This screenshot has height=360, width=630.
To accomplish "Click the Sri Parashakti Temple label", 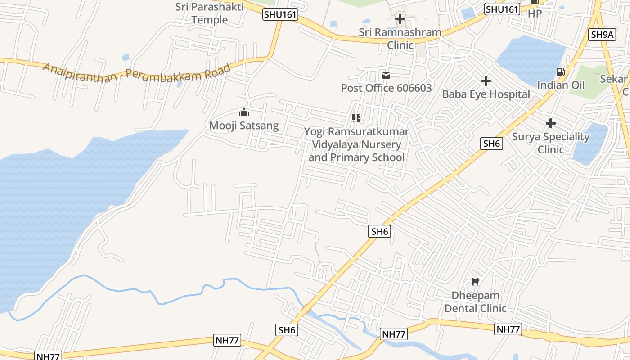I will point(210,13).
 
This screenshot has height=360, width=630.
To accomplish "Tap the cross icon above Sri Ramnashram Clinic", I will point(400,19).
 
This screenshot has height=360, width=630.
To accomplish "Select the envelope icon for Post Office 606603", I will point(386,75).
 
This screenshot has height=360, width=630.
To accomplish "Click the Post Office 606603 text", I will point(386,88).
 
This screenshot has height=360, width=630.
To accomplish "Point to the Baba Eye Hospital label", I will point(486,94).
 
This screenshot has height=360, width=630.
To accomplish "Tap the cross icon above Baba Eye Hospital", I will point(486,81).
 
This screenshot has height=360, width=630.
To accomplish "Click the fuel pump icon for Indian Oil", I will point(560,72).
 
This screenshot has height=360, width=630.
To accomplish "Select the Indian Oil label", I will point(561,85).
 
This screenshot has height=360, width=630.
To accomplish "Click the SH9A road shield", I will point(602,35).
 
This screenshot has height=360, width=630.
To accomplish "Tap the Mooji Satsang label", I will point(244,126).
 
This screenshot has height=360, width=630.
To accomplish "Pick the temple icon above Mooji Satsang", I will point(244,112).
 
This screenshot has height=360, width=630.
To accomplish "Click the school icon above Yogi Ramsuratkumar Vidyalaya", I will point(356,118).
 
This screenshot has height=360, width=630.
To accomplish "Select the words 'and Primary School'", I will point(356,157).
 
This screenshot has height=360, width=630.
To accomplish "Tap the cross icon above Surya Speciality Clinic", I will point(550,123).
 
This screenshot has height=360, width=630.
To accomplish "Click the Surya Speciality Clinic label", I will point(551,143).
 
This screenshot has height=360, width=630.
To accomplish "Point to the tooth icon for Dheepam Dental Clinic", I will point(475,282).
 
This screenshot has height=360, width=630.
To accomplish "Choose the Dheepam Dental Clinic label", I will point(475,302).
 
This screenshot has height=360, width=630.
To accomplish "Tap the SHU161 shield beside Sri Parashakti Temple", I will point(280,14).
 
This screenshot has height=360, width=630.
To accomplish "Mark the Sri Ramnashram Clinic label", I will point(400,39).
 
